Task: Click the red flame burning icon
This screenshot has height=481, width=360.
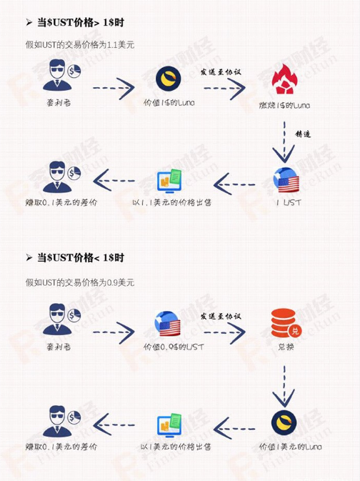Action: (285, 79)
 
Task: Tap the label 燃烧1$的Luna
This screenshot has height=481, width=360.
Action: (284, 106)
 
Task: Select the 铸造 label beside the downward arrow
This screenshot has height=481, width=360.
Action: (303, 134)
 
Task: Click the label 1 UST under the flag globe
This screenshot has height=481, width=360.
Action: (288, 202)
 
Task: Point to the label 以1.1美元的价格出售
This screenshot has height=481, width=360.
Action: (172, 202)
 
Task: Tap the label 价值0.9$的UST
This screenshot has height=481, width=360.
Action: (174, 347)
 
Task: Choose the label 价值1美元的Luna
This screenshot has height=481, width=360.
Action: (291, 447)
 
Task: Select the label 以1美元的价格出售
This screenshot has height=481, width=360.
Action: (176, 447)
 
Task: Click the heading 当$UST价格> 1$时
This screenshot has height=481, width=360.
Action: (80, 22)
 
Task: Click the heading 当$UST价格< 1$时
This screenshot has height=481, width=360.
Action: (80, 257)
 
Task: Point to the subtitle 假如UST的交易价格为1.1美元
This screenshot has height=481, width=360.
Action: (80, 45)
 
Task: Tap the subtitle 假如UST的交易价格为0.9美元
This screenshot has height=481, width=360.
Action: (80, 282)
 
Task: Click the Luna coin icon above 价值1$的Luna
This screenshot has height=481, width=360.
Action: (169, 79)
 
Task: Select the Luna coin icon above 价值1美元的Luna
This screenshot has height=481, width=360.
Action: (284, 422)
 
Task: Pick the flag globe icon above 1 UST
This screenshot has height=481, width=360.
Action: (286, 181)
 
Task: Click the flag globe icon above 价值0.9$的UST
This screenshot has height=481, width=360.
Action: (167, 324)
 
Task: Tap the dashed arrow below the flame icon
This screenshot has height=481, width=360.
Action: (284, 142)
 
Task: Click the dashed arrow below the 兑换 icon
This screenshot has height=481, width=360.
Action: (284, 386)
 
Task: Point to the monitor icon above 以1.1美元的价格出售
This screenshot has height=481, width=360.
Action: (169, 181)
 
